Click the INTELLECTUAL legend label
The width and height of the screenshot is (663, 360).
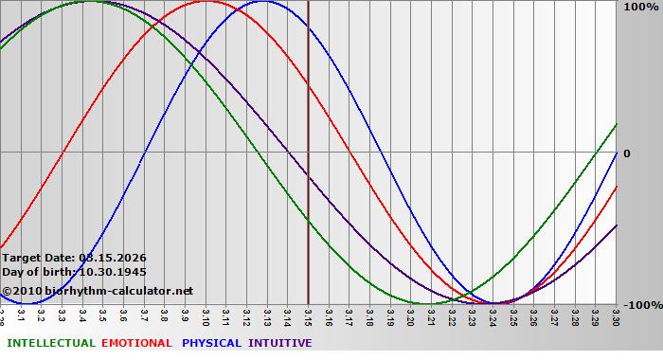(x=50, y=343)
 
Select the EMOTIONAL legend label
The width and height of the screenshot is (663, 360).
(x=136, y=343)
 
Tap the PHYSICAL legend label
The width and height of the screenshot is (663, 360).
(x=212, y=343)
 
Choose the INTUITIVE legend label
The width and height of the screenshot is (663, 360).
(x=280, y=343)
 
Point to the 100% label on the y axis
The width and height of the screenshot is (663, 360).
(x=635, y=7)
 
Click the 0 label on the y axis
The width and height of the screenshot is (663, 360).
(x=626, y=153)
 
